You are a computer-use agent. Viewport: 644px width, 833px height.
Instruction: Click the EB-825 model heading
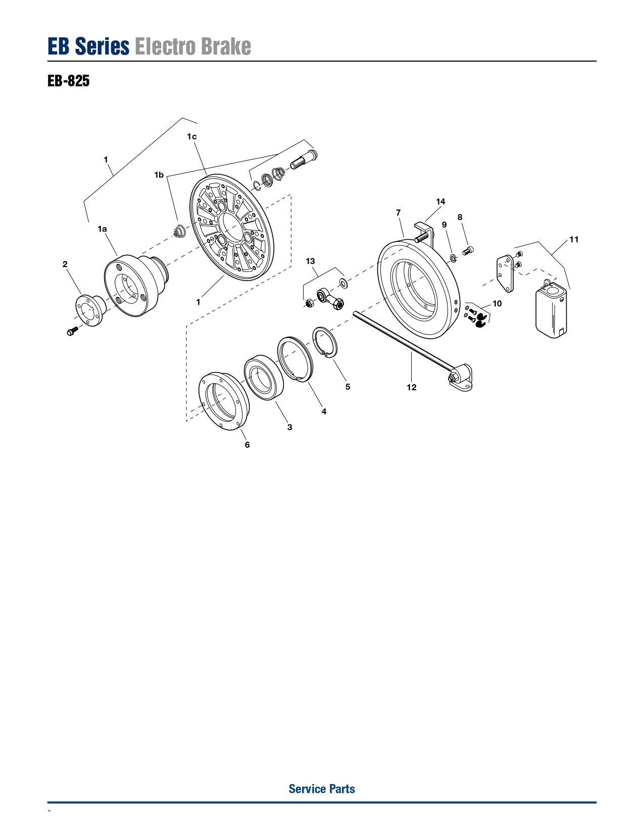(x=68, y=81)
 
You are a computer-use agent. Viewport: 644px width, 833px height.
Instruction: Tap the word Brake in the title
(x=226, y=46)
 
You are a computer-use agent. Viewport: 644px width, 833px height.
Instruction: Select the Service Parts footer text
(x=322, y=789)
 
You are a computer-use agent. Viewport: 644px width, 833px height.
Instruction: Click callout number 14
(x=440, y=201)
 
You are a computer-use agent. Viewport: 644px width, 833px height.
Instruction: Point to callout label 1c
(x=192, y=136)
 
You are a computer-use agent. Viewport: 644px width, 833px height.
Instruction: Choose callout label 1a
(x=102, y=229)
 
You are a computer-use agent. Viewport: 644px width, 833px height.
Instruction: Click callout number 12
(x=412, y=387)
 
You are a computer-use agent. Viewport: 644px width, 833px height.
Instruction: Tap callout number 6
(x=247, y=445)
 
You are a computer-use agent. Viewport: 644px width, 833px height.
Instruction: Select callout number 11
(x=574, y=239)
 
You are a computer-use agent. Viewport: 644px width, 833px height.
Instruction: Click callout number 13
(x=310, y=261)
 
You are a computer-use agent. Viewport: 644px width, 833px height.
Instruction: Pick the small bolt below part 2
(x=72, y=331)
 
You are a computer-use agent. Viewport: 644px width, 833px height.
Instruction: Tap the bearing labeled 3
(x=264, y=378)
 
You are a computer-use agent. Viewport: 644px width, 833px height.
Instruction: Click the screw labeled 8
(x=468, y=251)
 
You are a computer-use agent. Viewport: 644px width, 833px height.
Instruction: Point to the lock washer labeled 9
(x=453, y=257)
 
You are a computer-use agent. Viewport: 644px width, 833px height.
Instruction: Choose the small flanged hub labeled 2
(x=89, y=310)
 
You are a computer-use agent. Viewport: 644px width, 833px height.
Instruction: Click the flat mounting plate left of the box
(x=505, y=273)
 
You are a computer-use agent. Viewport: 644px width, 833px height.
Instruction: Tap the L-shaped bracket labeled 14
(x=424, y=233)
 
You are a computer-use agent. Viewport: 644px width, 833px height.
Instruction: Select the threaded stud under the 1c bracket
(x=303, y=160)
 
